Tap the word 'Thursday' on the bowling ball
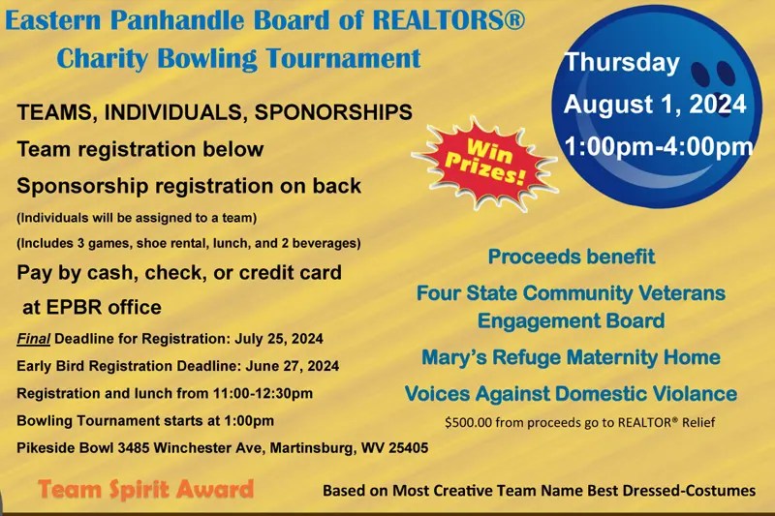tap(622, 63)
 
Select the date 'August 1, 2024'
tap(655, 105)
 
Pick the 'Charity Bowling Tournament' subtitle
tap(238, 57)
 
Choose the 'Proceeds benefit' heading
tap(572, 258)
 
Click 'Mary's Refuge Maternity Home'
tap(571, 357)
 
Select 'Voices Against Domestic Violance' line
tap(571, 394)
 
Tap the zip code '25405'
tap(405, 448)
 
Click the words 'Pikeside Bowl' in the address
tap(61, 448)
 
